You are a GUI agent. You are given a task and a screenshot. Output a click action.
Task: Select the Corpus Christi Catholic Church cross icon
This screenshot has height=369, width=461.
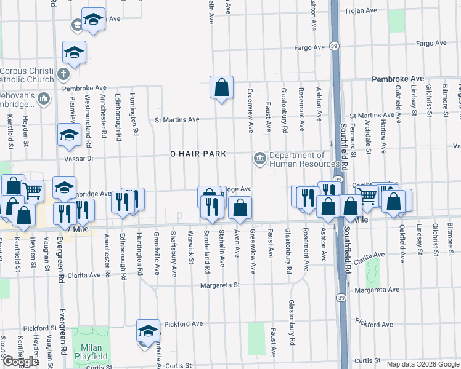coord(62,75)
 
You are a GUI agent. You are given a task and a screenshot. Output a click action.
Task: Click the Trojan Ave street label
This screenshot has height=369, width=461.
coord(361,10)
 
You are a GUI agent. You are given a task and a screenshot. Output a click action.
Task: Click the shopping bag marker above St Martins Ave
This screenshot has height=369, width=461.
coord(221,87)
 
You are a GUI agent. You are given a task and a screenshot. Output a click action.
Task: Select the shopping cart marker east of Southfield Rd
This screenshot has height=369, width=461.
coord(367,196)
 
